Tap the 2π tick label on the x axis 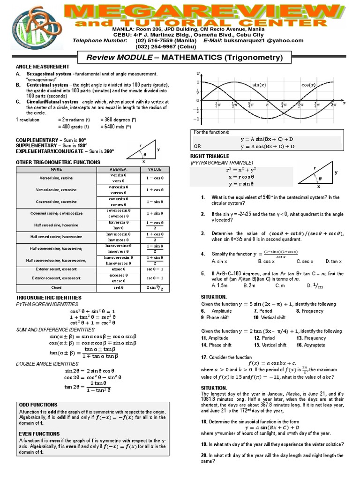[x=333, y=105]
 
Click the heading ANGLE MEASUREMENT [x=43, y=67]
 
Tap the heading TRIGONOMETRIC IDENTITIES [x=49, y=298]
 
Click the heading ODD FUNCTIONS [x=38, y=405]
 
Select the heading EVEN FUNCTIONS [x=39, y=434]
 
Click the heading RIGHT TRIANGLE [x=210, y=156]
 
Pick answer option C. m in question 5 [x=280, y=285]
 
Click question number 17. [x=204, y=357]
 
